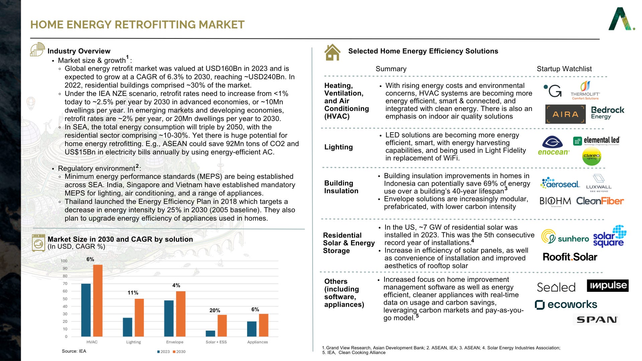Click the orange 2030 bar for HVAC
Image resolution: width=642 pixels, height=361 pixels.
[98, 300]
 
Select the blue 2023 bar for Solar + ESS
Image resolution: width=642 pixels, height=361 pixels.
[210, 333]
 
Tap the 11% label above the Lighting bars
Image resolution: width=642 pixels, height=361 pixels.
[133, 293]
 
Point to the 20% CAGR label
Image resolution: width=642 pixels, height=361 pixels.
[215, 311]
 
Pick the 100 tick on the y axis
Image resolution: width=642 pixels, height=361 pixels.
[64, 261]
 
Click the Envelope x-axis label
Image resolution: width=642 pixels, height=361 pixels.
[175, 342]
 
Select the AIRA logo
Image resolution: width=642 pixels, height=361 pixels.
[565, 114]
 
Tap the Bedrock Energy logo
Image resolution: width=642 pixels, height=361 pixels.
[608, 113]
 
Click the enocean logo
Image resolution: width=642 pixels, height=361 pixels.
[553, 146]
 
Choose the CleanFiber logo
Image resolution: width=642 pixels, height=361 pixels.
[600, 201]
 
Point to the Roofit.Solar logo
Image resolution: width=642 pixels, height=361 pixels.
[570, 257]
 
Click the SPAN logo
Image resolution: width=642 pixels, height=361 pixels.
[597, 320]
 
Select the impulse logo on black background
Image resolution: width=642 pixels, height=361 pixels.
[608, 285]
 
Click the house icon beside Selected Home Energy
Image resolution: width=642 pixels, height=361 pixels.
[332, 52]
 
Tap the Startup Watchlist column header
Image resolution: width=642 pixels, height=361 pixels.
[564, 69]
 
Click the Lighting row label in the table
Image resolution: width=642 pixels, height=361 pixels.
[338, 147]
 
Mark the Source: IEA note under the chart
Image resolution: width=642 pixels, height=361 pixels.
[74, 351]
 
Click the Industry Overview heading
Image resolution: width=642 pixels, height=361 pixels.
[79, 51]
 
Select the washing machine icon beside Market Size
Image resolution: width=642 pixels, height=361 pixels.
[38, 243]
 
